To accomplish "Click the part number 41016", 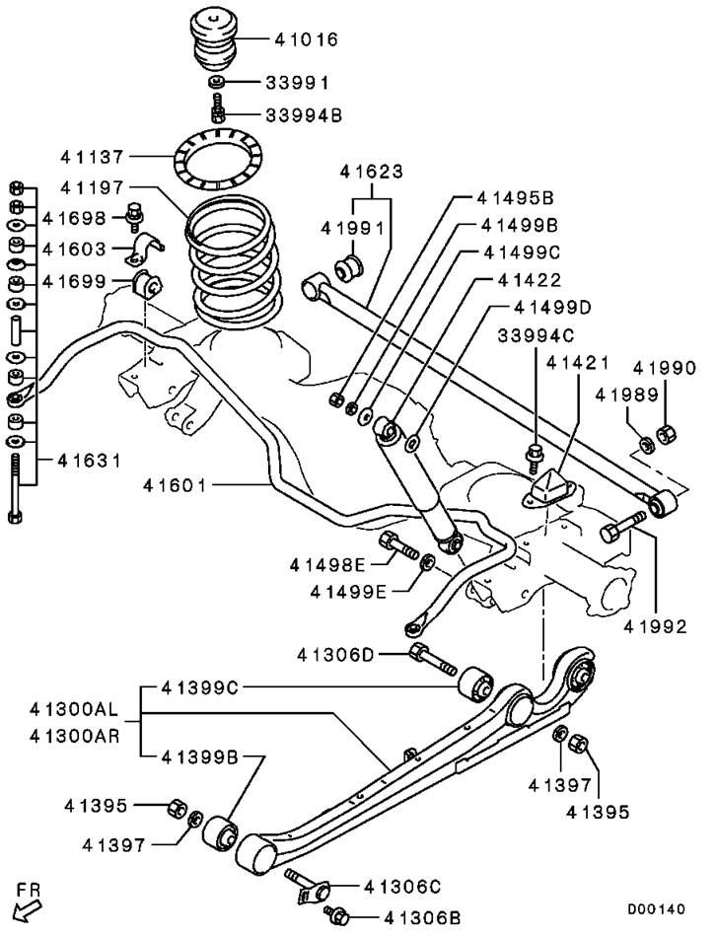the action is pyautogui.click(x=307, y=39).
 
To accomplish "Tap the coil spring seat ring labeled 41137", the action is pyautogui.click(x=218, y=158).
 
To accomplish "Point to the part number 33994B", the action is pyautogui.click(x=304, y=114).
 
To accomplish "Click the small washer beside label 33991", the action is pyautogui.click(x=217, y=82).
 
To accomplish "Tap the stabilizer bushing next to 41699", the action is pyautogui.click(x=147, y=285).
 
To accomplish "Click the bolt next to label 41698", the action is pyautogui.click(x=135, y=218).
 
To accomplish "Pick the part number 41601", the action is pyautogui.click(x=175, y=485).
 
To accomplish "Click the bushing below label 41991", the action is pyautogui.click(x=348, y=267).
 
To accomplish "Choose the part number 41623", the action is pyautogui.click(x=371, y=172).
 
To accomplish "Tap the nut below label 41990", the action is pyautogui.click(x=667, y=434).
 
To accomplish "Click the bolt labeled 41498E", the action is pyautogui.click(x=397, y=545).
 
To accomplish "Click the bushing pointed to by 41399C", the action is pyautogui.click(x=475, y=684).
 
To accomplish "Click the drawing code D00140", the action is pyautogui.click(x=656, y=909).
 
